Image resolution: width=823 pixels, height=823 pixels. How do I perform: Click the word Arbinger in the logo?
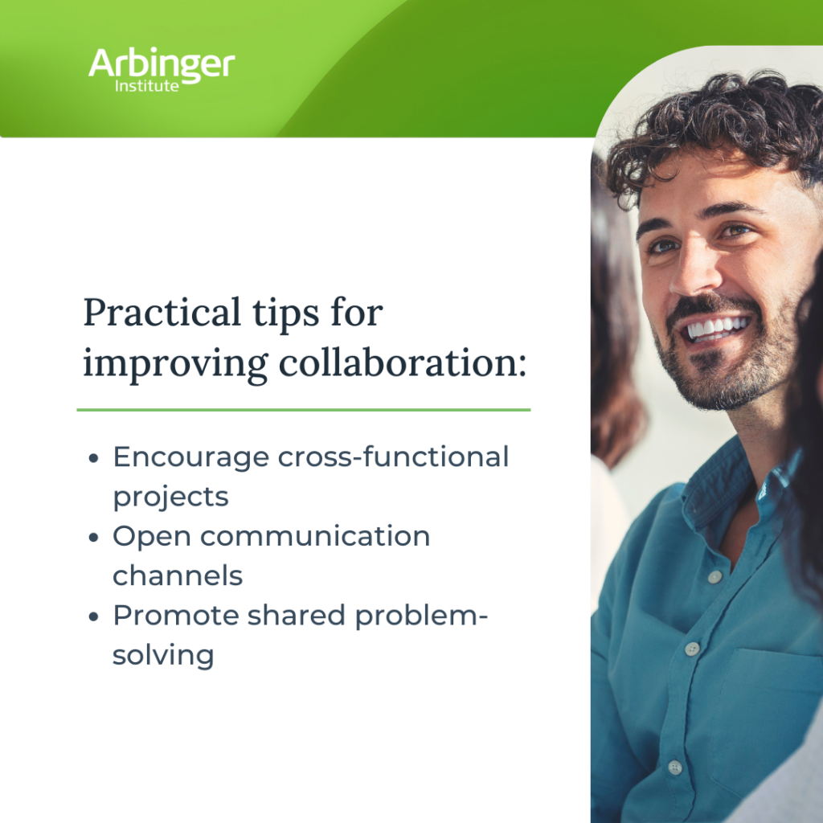coord(162,64)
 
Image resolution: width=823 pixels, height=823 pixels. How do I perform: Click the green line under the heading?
coord(304,410)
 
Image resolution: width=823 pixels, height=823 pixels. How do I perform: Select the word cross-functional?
coord(394,457)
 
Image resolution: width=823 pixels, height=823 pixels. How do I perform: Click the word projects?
coord(170,497)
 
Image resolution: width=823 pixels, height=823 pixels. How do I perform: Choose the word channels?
coord(178,575)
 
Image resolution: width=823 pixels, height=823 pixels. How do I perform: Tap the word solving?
coord(163,655)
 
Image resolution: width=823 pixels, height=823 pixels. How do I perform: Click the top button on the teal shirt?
coord(714,577)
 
